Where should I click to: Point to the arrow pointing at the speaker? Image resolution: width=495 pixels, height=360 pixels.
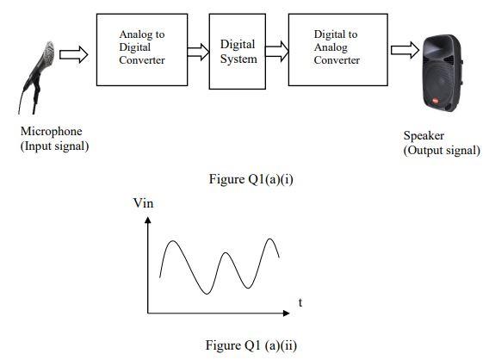coord(400,50)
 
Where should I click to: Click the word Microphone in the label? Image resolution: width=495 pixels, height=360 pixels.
coord(48,133)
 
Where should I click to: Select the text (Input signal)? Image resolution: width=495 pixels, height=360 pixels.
coord(54,146)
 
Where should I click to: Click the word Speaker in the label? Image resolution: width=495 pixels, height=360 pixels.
coord(423,137)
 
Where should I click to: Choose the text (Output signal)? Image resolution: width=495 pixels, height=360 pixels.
coord(442,150)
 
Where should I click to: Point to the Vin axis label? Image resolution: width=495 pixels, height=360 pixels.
coord(143,203)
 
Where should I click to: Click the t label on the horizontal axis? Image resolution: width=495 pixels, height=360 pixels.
coord(300,303)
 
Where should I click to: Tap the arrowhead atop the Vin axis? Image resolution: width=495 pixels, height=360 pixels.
coord(149,220)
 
